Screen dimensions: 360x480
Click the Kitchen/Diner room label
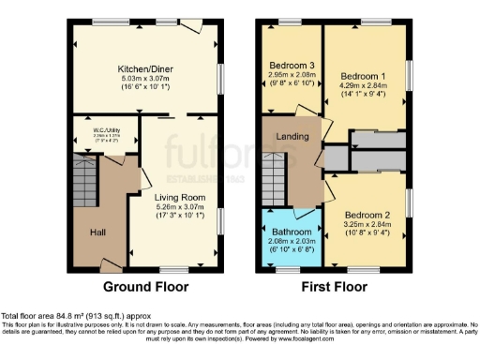[145, 68]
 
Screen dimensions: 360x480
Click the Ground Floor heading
[145, 287]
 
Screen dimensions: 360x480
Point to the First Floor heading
[334, 287]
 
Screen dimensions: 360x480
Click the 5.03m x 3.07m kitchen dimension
[145, 80]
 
